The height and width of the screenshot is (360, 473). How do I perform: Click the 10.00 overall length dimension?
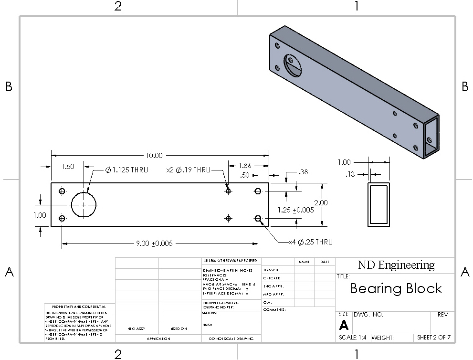click(155, 155)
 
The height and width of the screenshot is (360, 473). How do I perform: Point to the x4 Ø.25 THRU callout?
click(311, 242)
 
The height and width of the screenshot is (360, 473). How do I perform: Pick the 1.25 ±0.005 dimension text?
click(296, 210)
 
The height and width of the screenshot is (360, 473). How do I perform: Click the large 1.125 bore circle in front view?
click(84, 204)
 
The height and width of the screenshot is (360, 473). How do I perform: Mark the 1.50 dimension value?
click(68, 167)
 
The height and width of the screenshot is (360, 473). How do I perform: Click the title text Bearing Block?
click(396, 288)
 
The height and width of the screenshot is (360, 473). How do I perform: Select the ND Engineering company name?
click(396, 265)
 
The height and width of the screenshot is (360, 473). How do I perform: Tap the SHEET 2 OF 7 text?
click(434, 338)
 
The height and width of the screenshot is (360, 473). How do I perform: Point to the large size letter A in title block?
click(344, 326)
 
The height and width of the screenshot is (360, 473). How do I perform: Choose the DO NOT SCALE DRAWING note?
click(232, 339)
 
